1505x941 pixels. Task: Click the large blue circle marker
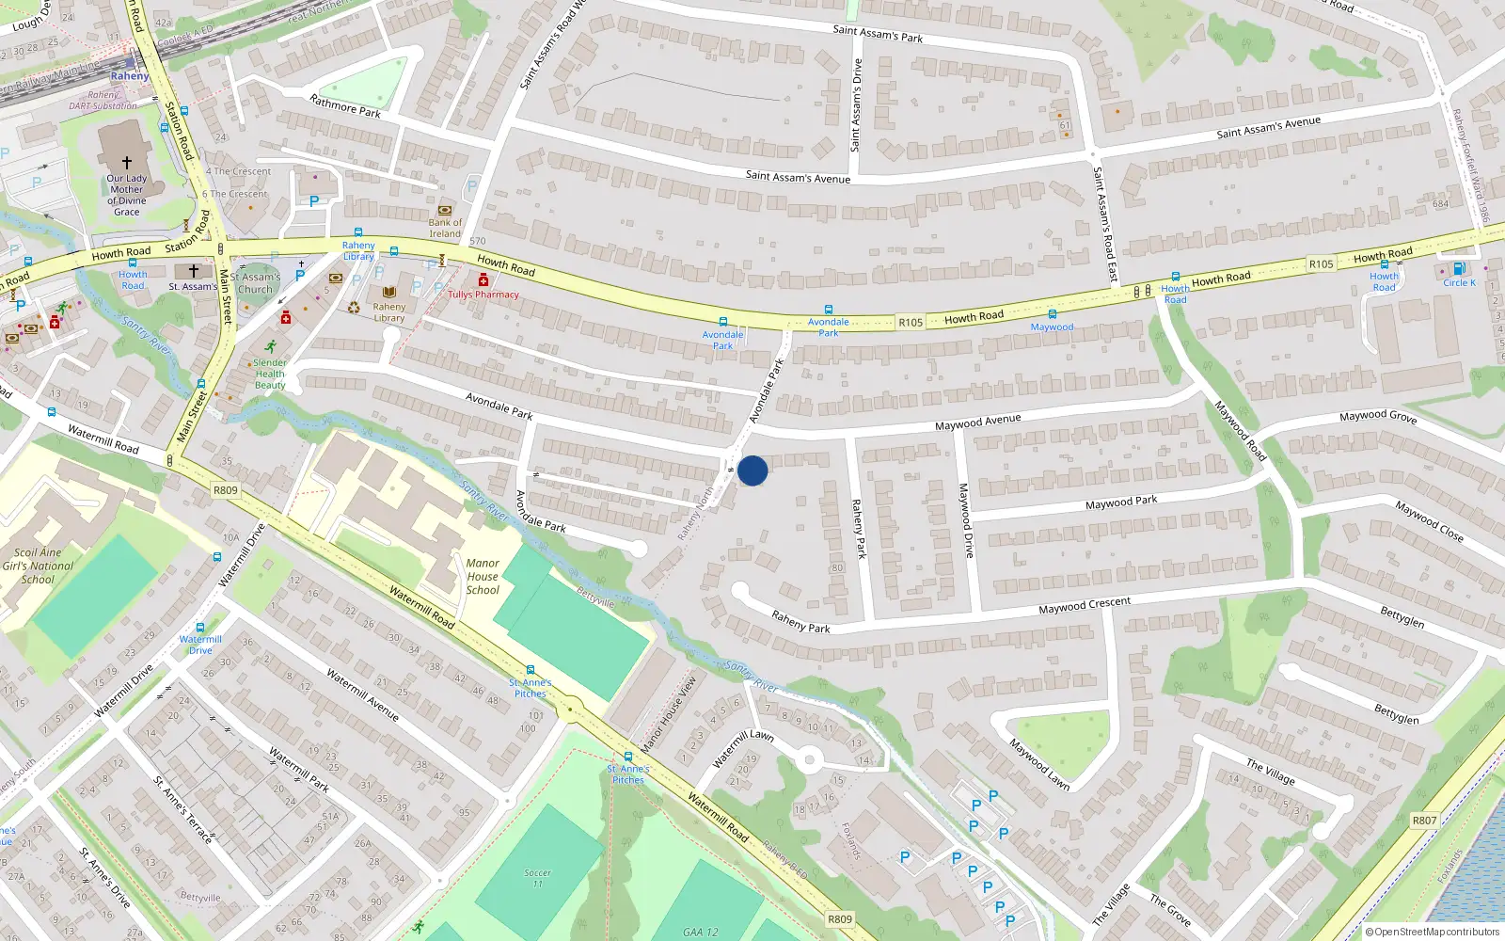(752, 470)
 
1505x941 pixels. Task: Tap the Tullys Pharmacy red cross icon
(483, 280)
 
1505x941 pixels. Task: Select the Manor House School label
(483, 577)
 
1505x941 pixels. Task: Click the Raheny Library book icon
(389, 293)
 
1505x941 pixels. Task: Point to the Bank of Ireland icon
(445, 210)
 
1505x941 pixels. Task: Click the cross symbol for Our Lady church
(127, 163)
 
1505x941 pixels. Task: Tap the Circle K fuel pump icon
(1459, 268)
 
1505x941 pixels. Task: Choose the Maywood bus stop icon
(1053, 314)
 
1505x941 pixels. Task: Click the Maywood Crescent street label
(1085, 605)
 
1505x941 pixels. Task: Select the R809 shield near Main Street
(226, 490)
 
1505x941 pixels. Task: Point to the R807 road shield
(1424, 821)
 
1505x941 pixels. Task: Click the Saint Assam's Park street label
(878, 34)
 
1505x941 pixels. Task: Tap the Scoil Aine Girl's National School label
(38, 566)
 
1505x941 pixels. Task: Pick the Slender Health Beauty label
(270, 374)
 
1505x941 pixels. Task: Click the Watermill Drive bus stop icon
(200, 627)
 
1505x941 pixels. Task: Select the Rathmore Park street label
(345, 105)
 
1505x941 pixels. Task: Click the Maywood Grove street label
(1377, 416)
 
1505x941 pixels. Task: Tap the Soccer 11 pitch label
(537, 878)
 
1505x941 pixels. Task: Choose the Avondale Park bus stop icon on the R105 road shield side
(829, 310)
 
